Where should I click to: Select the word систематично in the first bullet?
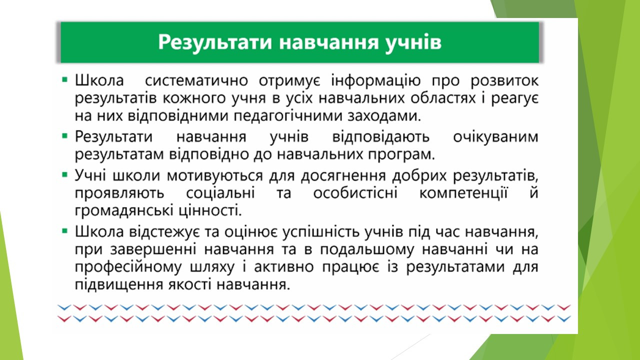click(196, 80)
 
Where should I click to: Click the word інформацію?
click(375, 81)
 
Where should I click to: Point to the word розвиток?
click(504, 81)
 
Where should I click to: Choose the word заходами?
click(384, 116)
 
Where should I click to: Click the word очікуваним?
click(495, 137)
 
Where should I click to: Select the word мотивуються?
click(215, 175)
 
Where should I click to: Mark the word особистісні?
click(355, 193)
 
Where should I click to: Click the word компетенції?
click(463, 193)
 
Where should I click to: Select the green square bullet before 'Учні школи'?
click(65, 174)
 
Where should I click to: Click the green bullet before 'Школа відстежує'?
click(65, 231)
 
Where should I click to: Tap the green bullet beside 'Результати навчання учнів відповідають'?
click(65, 136)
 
